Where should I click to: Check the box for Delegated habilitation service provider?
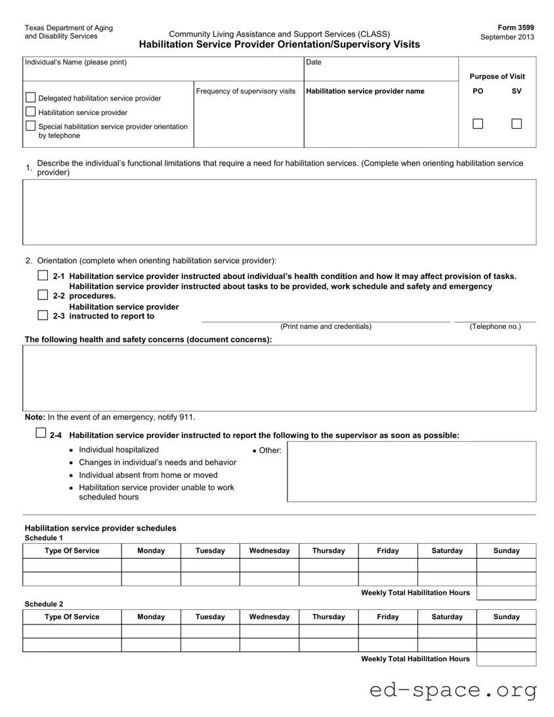[30, 97]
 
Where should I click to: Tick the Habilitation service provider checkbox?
[30, 112]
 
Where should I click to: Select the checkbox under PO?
[478, 123]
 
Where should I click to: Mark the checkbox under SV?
[517, 123]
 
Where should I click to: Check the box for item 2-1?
[43, 276]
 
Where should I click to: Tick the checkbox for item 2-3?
[43, 315]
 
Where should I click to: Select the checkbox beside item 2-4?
[41, 433]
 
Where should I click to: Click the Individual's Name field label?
[75, 62]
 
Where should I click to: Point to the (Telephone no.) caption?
[495, 326]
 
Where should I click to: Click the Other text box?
[412, 471]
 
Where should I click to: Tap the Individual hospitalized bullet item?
[119, 450]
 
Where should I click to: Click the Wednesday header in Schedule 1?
[269, 551]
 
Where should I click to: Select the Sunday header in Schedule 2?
[506, 617]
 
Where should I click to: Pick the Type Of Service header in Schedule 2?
[72, 617]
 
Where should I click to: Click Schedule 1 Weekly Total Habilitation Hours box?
[506, 593]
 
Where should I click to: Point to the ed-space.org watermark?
[453, 690]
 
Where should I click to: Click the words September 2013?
[507, 37]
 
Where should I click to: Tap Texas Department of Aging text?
[68, 28]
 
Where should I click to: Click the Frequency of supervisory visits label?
[245, 91]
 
